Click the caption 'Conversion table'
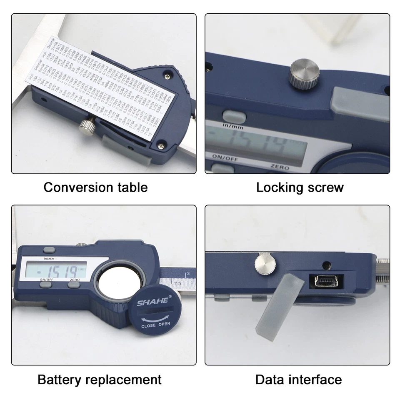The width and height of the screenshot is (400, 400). tap(95, 187)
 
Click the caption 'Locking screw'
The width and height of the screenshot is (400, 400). tap(300, 187)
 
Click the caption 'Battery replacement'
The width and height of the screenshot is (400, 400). tap(100, 380)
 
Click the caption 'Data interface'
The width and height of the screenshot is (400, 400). tap(298, 380)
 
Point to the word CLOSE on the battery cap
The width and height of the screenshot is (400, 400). tap(149, 325)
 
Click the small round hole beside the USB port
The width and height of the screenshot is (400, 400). tap(326, 265)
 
